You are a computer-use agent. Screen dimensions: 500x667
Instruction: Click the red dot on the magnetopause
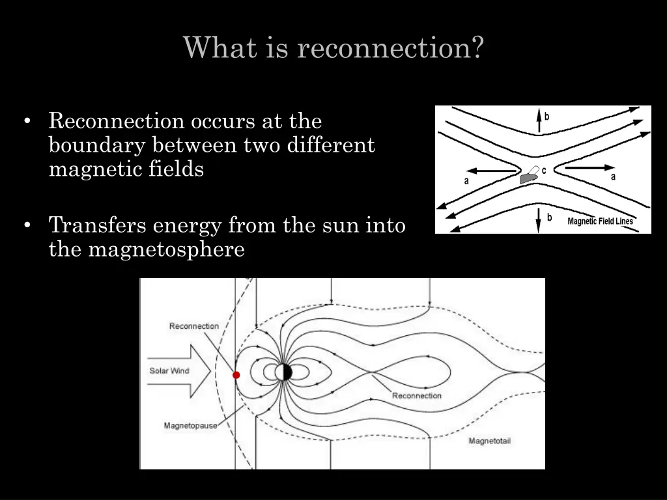pos(236,375)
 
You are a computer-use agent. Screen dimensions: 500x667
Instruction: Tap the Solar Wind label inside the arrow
pos(169,371)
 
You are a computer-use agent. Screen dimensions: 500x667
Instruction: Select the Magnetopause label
pos(190,426)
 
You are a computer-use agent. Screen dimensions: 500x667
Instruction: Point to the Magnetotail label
pos(490,441)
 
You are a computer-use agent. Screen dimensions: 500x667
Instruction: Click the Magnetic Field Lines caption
pos(600,221)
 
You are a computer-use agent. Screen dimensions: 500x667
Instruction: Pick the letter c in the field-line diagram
pos(544,170)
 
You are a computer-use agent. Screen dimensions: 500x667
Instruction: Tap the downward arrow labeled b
pos(539,219)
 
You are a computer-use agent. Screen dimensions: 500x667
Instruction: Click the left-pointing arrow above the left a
pos(492,171)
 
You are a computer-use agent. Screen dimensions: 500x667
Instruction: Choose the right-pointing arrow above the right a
pos(589,167)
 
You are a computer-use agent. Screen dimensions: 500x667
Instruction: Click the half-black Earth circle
pos(284,372)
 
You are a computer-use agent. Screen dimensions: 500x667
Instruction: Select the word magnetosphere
pos(166,249)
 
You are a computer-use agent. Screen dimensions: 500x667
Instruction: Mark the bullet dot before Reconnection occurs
pos(27,122)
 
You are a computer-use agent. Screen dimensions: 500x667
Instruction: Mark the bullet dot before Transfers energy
pos(27,226)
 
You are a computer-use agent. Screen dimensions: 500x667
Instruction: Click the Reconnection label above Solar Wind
pos(194,326)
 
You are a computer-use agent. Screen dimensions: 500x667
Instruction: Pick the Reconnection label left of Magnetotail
pos(417,395)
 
